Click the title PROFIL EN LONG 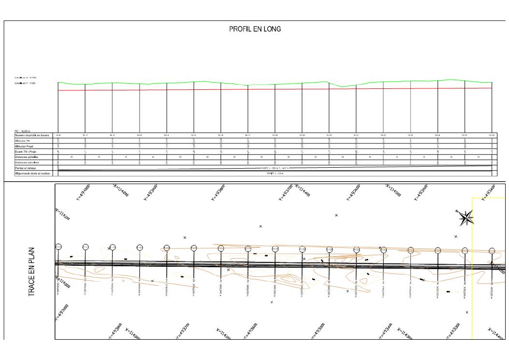(x=255, y=29)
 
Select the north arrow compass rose (x=465, y=218)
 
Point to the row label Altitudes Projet (x=24, y=146)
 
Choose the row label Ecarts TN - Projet (x=26, y=151)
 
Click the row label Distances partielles (x=26, y=157)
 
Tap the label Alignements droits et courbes (x=32, y=173)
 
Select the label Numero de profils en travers (x=32, y=135)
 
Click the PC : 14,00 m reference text (x=22, y=131)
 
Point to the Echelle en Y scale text (x=26, y=84)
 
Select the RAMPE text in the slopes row (x=274, y=168)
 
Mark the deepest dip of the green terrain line (x=342, y=87)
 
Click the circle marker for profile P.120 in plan (x=329, y=249)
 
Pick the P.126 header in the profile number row (x=492, y=135)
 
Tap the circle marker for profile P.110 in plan (x=58, y=247)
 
